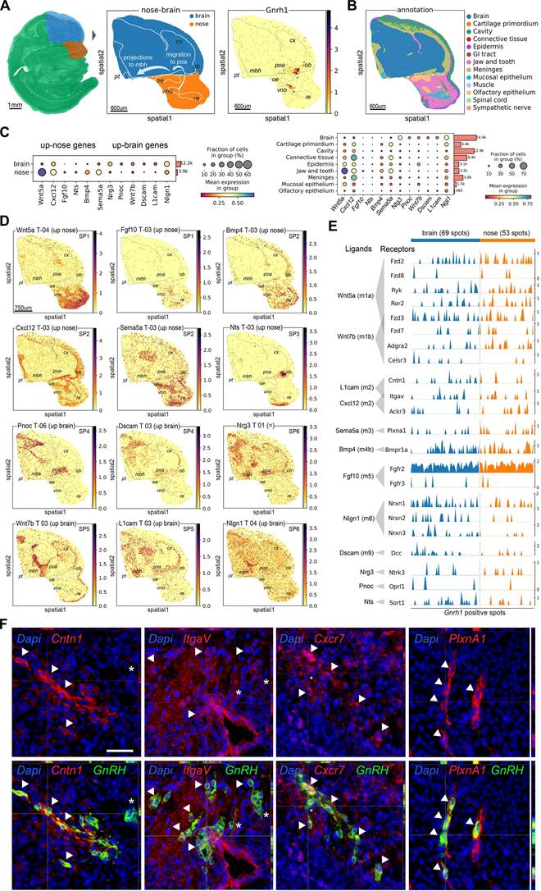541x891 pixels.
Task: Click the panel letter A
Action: [6, 6]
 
